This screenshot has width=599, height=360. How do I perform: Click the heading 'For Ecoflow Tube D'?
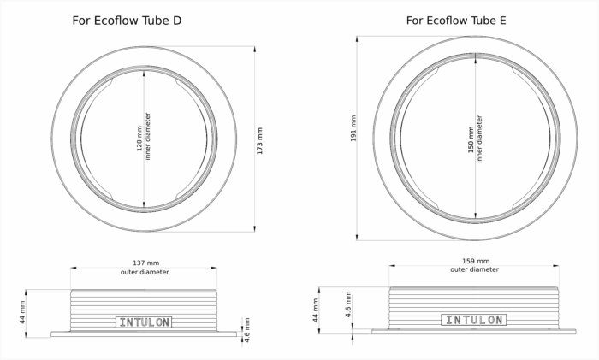(x=127, y=21)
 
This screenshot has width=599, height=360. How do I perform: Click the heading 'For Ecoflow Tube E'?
(x=456, y=21)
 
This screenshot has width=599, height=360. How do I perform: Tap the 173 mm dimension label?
(x=260, y=141)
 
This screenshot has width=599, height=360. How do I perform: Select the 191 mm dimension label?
(x=353, y=128)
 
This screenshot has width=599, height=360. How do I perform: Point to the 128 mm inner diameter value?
(x=139, y=139)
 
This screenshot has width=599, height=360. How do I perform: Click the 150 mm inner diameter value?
(x=471, y=139)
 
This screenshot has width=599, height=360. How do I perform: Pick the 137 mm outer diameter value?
(x=146, y=263)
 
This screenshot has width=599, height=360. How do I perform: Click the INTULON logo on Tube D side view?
(x=144, y=322)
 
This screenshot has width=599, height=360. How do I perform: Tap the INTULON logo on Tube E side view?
(x=474, y=320)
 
